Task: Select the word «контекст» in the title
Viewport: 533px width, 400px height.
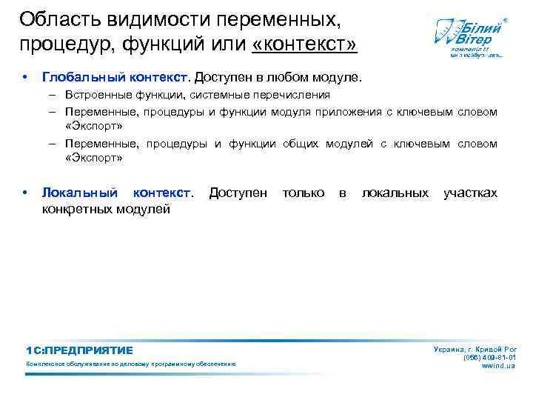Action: point(304,44)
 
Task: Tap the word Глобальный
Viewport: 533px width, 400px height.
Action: point(81,77)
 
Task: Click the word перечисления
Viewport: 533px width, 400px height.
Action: point(297,96)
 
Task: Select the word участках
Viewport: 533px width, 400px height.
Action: point(470,193)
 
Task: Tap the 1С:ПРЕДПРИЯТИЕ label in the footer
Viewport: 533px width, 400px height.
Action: point(79,350)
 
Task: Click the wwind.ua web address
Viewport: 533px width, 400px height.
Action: point(500,366)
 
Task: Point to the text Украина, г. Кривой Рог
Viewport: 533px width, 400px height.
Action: point(475,348)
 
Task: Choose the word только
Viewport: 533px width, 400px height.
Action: point(304,193)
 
